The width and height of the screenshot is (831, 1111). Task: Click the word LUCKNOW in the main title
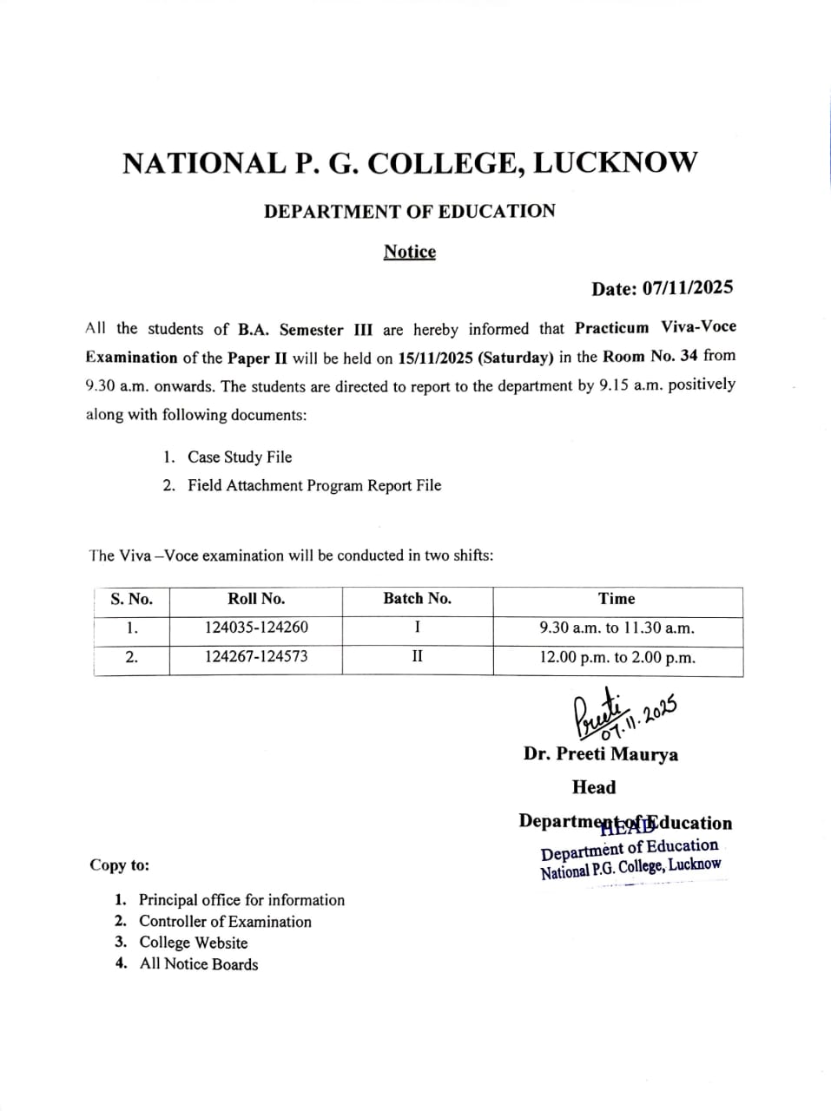(x=614, y=163)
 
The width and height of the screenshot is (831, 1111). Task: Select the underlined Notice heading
(x=409, y=252)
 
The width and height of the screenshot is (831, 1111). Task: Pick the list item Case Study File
(x=240, y=457)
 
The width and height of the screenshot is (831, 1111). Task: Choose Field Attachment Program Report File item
(x=314, y=486)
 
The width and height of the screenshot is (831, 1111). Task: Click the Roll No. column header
(x=256, y=599)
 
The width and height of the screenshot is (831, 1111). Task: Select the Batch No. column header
(x=417, y=599)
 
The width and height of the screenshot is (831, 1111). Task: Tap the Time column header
(x=617, y=599)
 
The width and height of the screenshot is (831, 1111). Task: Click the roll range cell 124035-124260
(x=256, y=628)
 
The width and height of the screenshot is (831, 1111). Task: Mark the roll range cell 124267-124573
(x=256, y=657)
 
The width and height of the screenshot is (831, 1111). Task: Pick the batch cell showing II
(x=417, y=657)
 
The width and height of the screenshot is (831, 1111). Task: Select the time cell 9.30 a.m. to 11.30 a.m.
(x=617, y=628)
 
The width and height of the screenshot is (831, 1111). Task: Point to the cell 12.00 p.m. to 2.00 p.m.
(x=617, y=658)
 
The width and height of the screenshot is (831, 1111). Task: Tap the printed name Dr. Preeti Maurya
(x=601, y=754)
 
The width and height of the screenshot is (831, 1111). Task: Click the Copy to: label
(x=119, y=865)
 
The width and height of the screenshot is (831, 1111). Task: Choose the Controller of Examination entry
(x=225, y=922)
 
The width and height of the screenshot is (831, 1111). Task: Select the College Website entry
(x=194, y=943)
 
